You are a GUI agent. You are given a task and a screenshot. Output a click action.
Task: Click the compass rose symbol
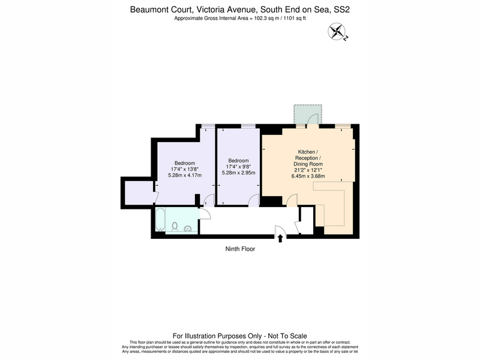[x=337, y=31]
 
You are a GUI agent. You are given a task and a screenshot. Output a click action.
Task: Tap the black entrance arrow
[x=280, y=238]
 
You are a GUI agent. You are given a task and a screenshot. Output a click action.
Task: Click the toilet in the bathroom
[x=175, y=227]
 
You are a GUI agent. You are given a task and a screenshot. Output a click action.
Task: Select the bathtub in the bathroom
[x=160, y=220]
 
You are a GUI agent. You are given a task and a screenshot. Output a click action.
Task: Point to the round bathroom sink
[x=188, y=229]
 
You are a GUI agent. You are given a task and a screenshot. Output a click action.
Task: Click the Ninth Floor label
[x=241, y=249]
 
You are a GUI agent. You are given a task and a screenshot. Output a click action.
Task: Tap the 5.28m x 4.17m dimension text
[x=185, y=175]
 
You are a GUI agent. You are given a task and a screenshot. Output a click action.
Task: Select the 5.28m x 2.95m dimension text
[x=238, y=173]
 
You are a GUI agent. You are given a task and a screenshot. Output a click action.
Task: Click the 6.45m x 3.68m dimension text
[x=308, y=176]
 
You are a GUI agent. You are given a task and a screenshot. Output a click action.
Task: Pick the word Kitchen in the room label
[x=307, y=152]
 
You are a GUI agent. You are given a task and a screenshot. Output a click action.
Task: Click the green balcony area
[x=308, y=114]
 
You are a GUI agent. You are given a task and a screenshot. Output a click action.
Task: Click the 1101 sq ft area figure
[x=295, y=18]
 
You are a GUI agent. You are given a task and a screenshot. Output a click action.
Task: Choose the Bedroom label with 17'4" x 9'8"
[x=238, y=161]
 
